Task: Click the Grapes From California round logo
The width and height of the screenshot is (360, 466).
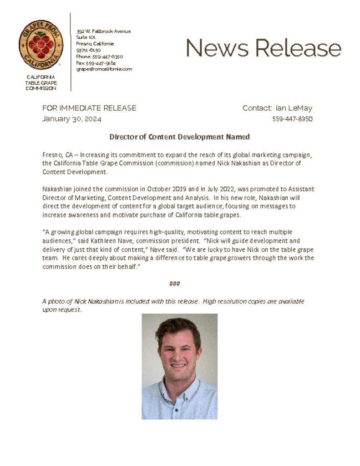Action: click(x=41, y=45)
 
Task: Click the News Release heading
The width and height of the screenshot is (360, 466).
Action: click(x=264, y=47)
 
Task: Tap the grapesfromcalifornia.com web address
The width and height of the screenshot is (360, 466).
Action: click(x=104, y=69)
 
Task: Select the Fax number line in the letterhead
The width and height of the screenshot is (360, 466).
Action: click(x=96, y=63)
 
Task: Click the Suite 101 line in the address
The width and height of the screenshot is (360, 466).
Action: click(x=86, y=37)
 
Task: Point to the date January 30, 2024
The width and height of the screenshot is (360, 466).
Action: click(x=72, y=119)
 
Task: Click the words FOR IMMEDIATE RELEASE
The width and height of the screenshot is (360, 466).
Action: click(x=89, y=108)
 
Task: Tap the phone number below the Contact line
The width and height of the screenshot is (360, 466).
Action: click(x=292, y=119)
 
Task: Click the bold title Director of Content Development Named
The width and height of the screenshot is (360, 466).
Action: click(x=179, y=137)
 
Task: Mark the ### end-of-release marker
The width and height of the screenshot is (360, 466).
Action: click(x=175, y=284)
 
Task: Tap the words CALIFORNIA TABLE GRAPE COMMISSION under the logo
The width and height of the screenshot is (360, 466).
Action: click(x=41, y=83)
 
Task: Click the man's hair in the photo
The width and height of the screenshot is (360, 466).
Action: click(x=178, y=327)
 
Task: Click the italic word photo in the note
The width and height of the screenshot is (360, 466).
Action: click(x=56, y=301)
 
